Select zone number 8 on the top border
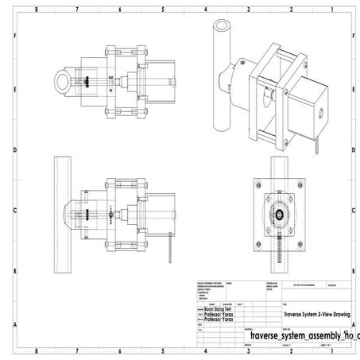tap(37, 9)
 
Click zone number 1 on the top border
tap(334, 9)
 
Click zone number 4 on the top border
tap(205, 9)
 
